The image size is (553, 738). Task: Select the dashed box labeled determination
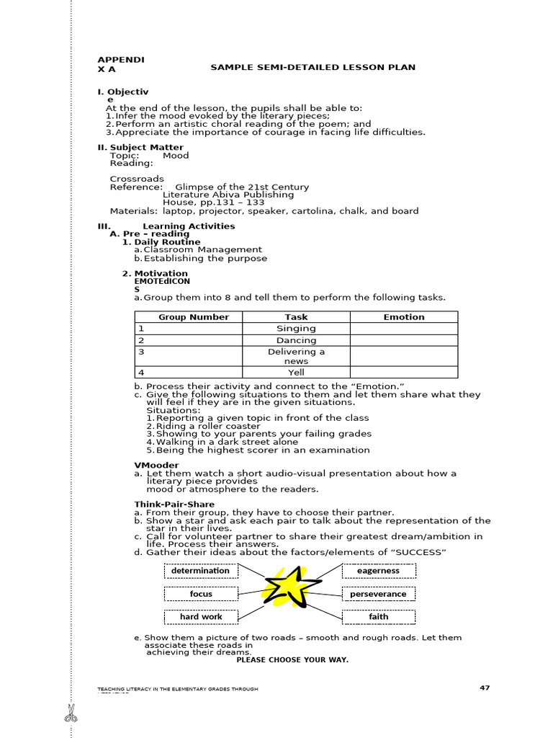point(200,571)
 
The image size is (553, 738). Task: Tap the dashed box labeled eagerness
point(379,571)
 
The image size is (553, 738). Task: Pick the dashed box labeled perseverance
point(379,595)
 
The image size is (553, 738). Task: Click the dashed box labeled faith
point(379,617)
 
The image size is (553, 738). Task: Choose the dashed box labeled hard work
point(201,617)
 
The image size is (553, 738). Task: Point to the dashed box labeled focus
point(201,595)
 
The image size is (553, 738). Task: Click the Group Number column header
point(189,317)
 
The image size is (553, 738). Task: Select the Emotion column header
point(404,317)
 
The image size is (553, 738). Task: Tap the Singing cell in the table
point(296,329)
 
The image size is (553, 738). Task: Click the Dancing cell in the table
point(296,340)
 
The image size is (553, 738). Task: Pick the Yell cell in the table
point(296,373)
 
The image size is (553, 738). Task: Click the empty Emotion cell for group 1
point(404,329)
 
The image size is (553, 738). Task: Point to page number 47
point(485,688)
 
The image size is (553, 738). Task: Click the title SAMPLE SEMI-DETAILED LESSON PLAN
point(313,68)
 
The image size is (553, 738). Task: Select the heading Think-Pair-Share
point(174,504)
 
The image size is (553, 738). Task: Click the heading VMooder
point(156,466)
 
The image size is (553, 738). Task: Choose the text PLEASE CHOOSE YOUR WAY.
point(292,660)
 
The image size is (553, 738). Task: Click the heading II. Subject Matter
point(140,148)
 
